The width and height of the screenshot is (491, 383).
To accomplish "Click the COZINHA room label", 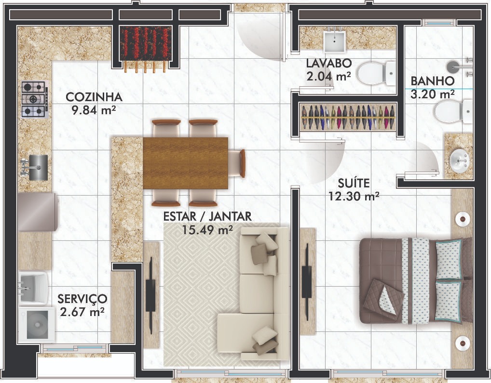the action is pos(94,97).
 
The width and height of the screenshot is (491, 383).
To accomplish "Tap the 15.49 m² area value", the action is pos(207,230).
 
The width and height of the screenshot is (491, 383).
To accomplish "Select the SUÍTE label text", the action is pos(353,183).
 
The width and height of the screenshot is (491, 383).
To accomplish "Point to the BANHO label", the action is pos(433,81).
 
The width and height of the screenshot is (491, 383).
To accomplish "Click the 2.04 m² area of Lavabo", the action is pos(328,76).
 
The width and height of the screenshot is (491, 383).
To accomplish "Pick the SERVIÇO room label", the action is pos(82,299).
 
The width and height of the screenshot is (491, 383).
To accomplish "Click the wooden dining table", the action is pos(185,163).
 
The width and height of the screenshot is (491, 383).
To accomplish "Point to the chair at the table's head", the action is pos(237,163).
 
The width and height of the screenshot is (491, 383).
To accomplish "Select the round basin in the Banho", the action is pos(459,160).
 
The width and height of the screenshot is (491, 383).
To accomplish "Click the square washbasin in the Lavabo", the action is pos(334,41).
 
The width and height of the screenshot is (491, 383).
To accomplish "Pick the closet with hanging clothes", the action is pos(348,117).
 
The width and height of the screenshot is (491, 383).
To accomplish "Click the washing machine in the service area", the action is pos(37,325).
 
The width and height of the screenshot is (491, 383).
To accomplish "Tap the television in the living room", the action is pos(150,296).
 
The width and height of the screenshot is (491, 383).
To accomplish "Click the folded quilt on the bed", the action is pos(383,297).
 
